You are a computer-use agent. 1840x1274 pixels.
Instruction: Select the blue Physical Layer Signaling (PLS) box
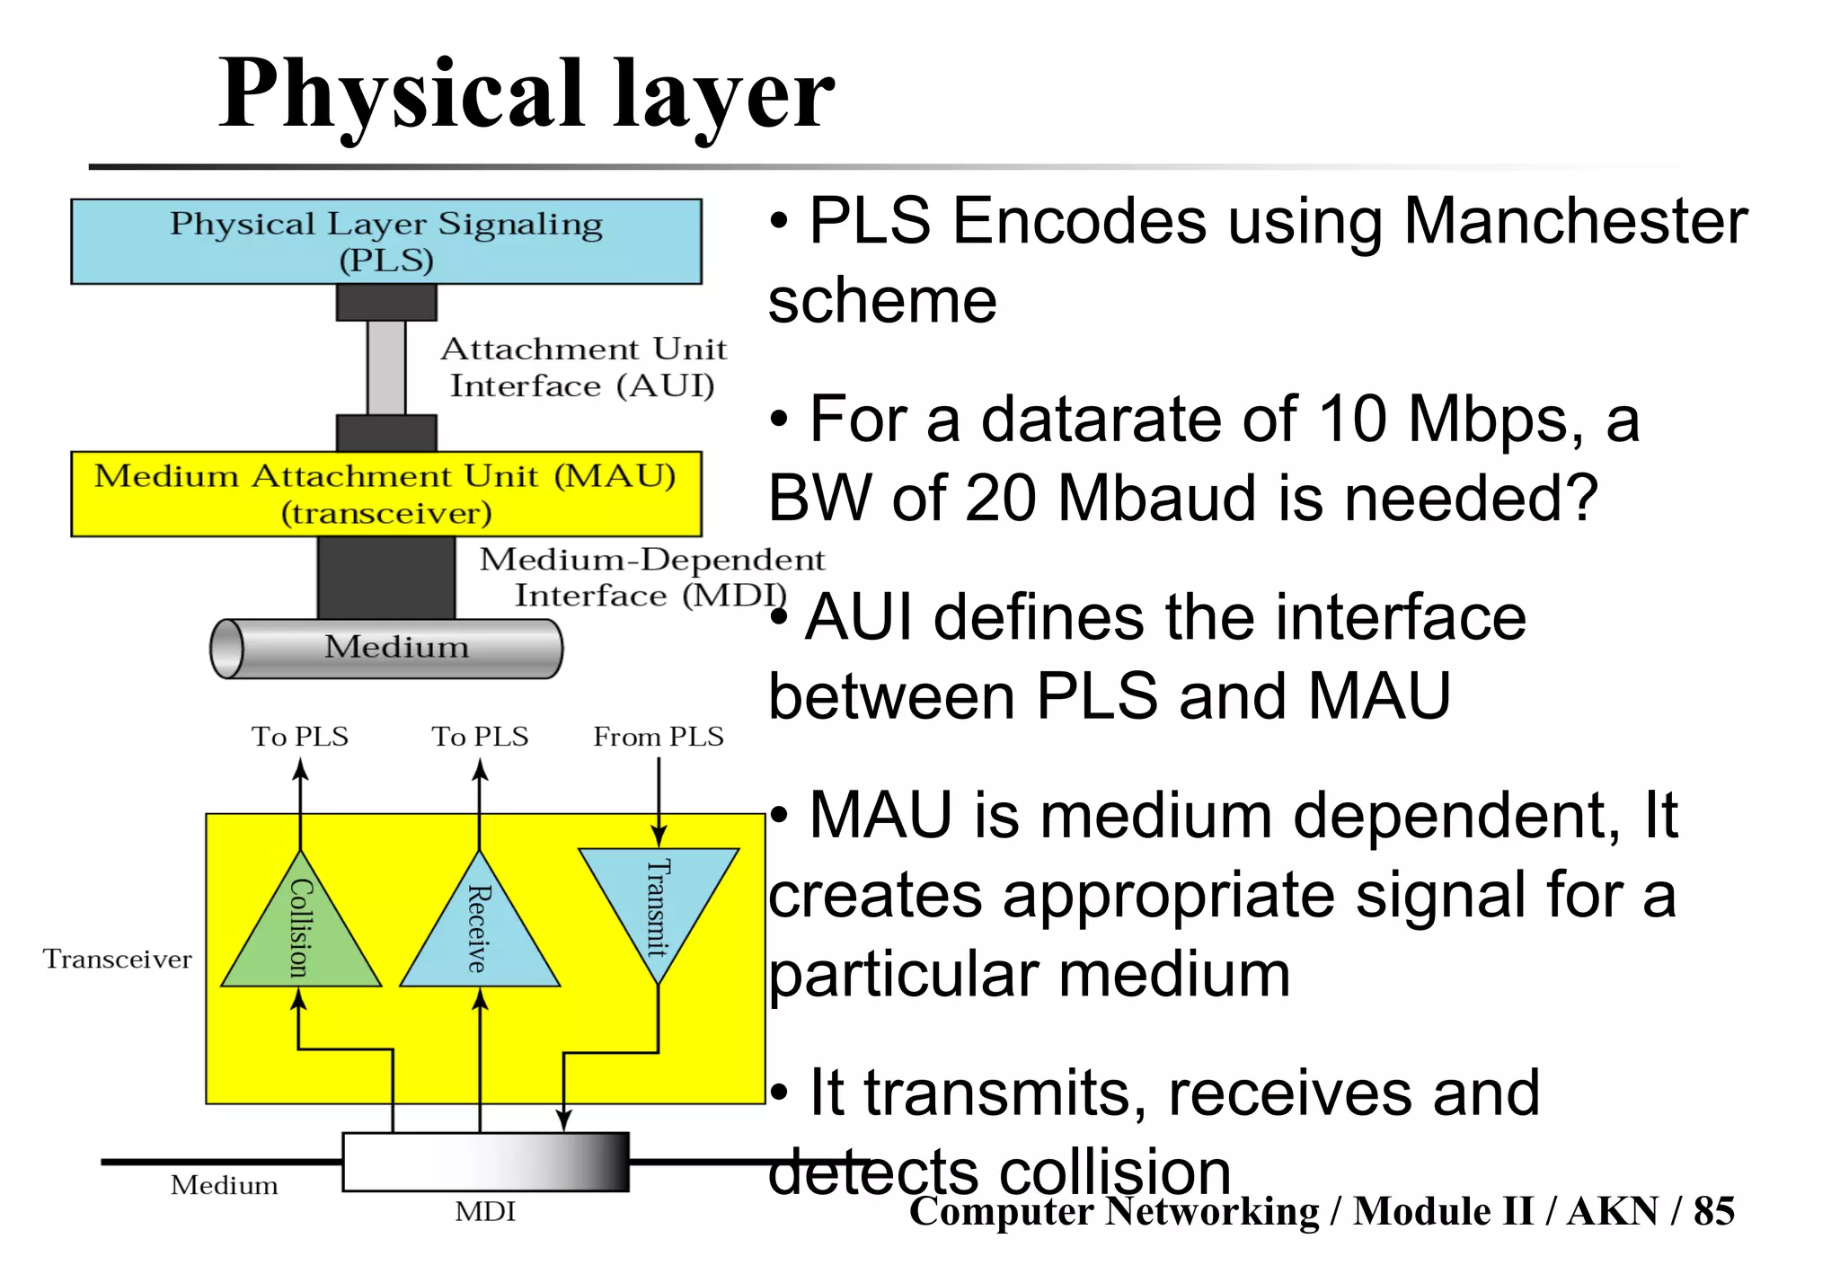(386, 242)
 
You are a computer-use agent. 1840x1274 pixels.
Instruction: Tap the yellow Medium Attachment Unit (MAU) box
(386, 494)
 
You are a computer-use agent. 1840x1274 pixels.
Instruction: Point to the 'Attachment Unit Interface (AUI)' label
(583, 367)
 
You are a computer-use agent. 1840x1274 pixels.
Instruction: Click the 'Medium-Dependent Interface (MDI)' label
(651, 577)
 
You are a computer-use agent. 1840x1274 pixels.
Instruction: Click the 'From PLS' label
(659, 737)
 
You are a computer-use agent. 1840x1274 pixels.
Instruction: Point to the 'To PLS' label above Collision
(300, 737)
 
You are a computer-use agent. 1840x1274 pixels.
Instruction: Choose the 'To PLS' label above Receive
(480, 737)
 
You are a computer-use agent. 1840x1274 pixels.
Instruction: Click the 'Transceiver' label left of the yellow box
(117, 959)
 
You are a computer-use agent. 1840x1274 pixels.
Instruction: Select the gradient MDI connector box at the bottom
(485, 1162)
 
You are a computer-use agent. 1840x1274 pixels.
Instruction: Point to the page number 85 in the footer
(1713, 1211)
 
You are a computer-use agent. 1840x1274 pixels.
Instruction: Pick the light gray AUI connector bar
(386, 367)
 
